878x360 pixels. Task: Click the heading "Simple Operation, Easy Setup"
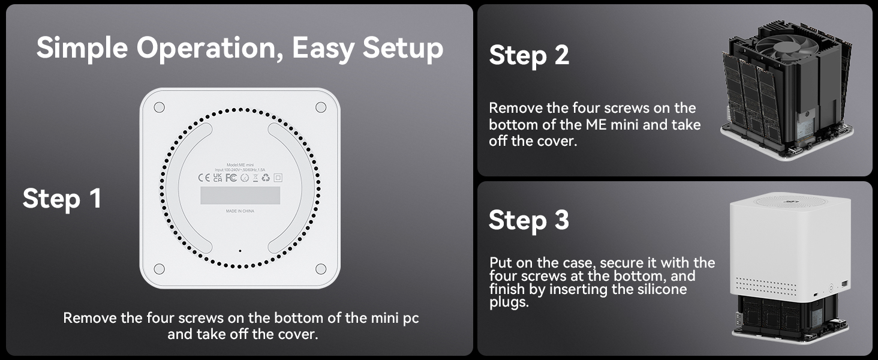click(240, 48)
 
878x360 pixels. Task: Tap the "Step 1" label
click(62, 199)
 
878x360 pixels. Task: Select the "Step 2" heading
click(528, 55)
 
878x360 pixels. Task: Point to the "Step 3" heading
click(528, 220)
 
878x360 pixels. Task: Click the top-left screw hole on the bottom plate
click(159, 107)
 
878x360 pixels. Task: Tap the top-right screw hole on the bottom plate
click(321, 107)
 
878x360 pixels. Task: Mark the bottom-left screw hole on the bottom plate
click(159, 269)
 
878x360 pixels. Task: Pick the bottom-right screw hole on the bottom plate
click(321, 269)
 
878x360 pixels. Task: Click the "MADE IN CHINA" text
click(240, 211)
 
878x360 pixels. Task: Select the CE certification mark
click(203, 178)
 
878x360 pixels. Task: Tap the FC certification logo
click(231, 178)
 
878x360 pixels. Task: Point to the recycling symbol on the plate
click(266, 178)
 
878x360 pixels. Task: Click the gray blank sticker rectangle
click(240, 195)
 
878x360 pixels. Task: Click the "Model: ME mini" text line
click(240, 164)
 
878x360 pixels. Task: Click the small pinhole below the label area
click(240, 251)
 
